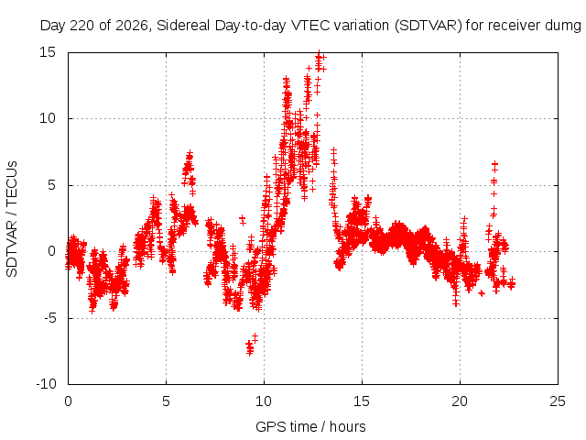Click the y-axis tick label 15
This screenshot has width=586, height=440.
[x=48, y=52]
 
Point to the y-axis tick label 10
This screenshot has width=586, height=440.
[x=48, y=118]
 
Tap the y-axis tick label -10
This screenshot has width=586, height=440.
[x=46, y=384]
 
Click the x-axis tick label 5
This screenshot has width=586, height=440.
[x=166, y=401]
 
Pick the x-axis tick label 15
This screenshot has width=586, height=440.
[x=362, y=401]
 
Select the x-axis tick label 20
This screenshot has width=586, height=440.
[x=460, y=401]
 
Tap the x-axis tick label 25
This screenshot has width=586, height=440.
[x=558, y=401]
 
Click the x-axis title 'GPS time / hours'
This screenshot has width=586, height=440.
[x=310, y=427]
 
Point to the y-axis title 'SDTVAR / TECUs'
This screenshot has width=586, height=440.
[x=12, y=219]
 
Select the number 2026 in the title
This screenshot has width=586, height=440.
[x=132, y=26]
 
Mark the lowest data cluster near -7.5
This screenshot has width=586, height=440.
[x=250, y=348]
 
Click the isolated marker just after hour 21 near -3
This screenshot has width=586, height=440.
[x=482, y=293]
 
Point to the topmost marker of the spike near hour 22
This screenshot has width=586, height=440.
[x=494, y=163]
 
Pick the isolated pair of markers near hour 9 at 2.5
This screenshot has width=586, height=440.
[x=243, y=220]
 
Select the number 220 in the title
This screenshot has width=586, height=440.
[x=85, y=26]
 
